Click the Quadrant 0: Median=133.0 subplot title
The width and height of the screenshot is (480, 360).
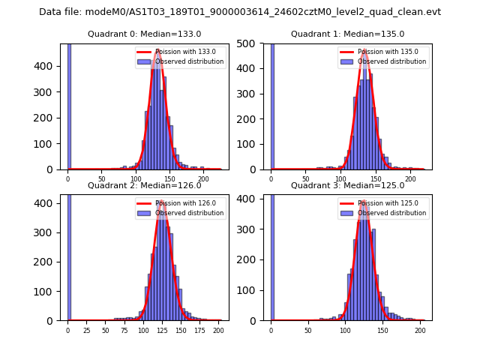145,34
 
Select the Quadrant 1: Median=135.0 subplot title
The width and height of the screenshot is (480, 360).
348,34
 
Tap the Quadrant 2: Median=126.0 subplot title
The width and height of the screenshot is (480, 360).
145,185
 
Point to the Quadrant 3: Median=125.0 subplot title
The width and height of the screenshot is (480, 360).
348,185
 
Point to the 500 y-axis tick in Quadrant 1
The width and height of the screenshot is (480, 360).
252,43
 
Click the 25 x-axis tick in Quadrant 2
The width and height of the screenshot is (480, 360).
86,330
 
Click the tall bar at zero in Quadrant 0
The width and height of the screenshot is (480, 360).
69,105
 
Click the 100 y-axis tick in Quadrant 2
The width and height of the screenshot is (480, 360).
49,291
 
